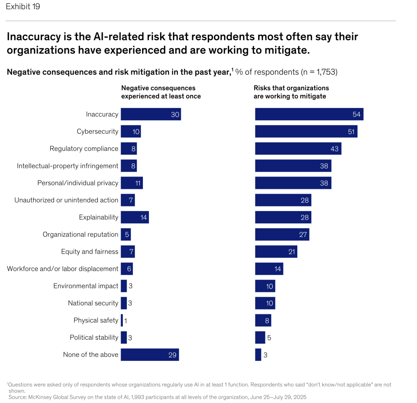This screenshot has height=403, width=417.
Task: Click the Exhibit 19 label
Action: tap(23, 7)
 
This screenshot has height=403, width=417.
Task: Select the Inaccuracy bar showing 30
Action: tap(151, 114)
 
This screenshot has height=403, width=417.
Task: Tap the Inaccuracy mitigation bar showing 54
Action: tap(309, 114)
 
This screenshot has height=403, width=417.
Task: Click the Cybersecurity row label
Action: tap(97, 132)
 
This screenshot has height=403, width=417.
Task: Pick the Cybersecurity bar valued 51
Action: tap(306, 132)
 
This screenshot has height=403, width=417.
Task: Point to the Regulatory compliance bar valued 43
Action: tap(298, 148)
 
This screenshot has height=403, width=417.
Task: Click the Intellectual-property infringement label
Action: tap(68, 166)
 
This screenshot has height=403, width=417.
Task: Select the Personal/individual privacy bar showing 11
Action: tap(132, 183)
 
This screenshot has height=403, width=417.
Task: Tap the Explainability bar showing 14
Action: tap(134, 217)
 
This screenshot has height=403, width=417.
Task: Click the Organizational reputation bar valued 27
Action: tap(282, 234)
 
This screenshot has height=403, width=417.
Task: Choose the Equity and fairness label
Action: tap(90, 251)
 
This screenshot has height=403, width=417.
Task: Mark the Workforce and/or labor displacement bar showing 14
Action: tap(269, 269)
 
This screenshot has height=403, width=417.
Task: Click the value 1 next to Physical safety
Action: tap(125, 320)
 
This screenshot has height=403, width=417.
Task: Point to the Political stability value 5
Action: tap(269, 338)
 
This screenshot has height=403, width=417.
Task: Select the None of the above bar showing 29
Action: tap(149, 355)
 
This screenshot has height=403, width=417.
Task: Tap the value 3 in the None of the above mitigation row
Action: tap(265, 355)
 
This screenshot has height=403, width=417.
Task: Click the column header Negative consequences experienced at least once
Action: tap(161, 92)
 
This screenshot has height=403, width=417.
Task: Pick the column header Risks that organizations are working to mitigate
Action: tap(291, 92)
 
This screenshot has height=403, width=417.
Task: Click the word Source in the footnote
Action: tap(17, 397)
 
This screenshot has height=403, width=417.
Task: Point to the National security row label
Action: tap(93, 303)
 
